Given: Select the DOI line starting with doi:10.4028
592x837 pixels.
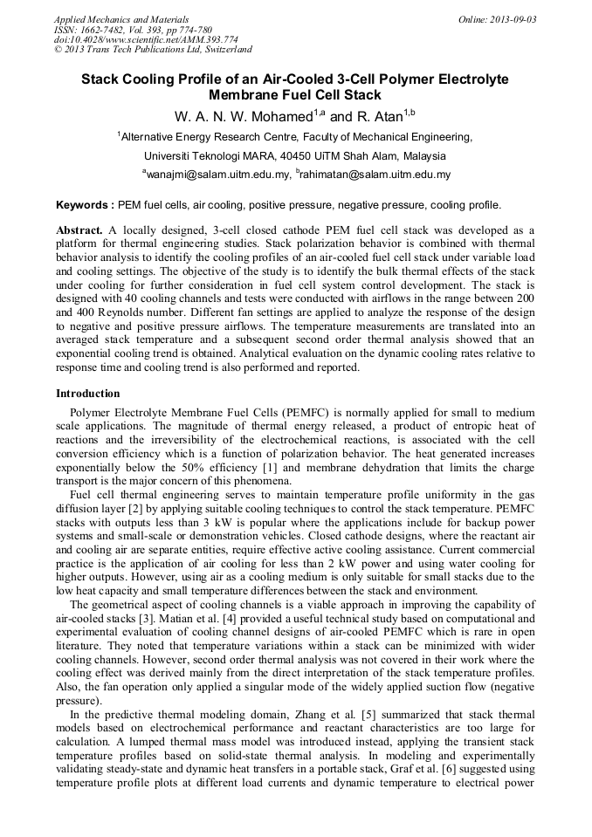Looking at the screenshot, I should [146, 39].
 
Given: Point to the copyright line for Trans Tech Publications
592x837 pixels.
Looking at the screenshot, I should [153, 50].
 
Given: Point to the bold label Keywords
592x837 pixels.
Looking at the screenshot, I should [85, 205].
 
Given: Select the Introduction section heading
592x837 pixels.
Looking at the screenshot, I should [87, 393].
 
